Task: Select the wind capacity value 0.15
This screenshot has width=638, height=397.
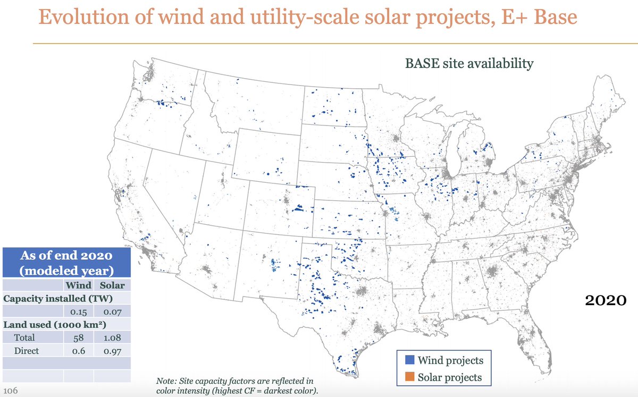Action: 79,311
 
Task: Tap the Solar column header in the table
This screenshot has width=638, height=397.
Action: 112,285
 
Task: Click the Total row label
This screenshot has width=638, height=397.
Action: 24,337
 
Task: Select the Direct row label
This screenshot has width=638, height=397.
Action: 26,351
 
